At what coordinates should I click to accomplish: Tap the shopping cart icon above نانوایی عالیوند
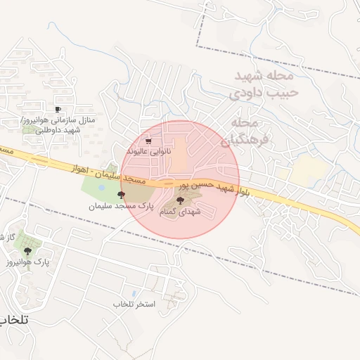(148, 141)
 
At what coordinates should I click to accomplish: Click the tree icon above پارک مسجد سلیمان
(121, 195)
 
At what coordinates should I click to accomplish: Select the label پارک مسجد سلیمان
(120, 206)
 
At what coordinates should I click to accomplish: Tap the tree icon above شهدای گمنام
(179, 201)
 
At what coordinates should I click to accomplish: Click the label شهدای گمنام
(180, 211)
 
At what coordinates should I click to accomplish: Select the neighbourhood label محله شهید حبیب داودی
(264, 83)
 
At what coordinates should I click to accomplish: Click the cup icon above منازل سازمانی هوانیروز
(58, 109)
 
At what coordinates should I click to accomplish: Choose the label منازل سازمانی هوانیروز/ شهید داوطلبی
(52, 124)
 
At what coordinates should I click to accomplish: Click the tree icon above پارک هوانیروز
(27, 250)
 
